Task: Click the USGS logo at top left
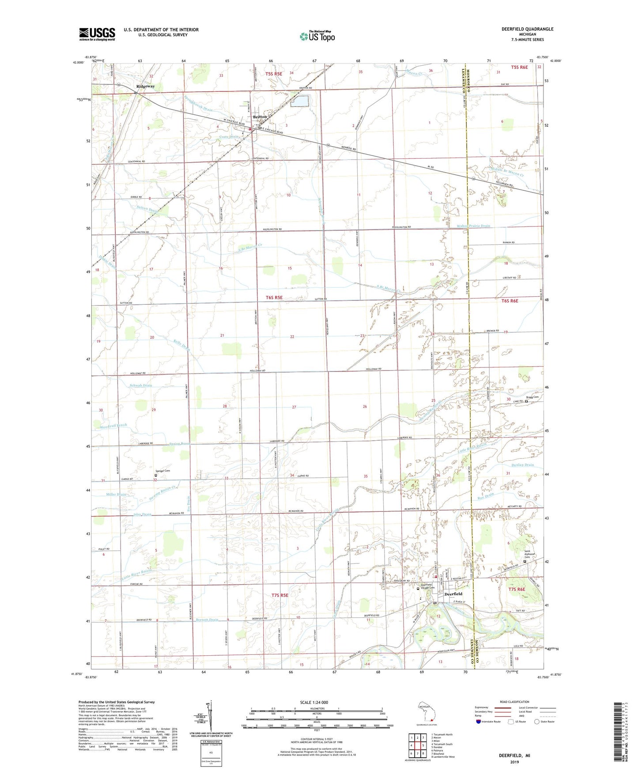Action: [x=97, y=34]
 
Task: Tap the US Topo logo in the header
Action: [x=317, y=36]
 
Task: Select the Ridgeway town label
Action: [x=145, y=86]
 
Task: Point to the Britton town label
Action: [x=260, y=117]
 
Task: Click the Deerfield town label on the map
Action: [x=453, y=594]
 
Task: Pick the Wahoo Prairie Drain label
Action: [x=473, y=226]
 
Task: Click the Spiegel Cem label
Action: [x=162, y=471]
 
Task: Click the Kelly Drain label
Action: [x=181, y=345]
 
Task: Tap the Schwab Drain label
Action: [x=141, y=385]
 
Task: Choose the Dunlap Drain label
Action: [x=522, y=465]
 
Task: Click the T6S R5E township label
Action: [x=274, y=298]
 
